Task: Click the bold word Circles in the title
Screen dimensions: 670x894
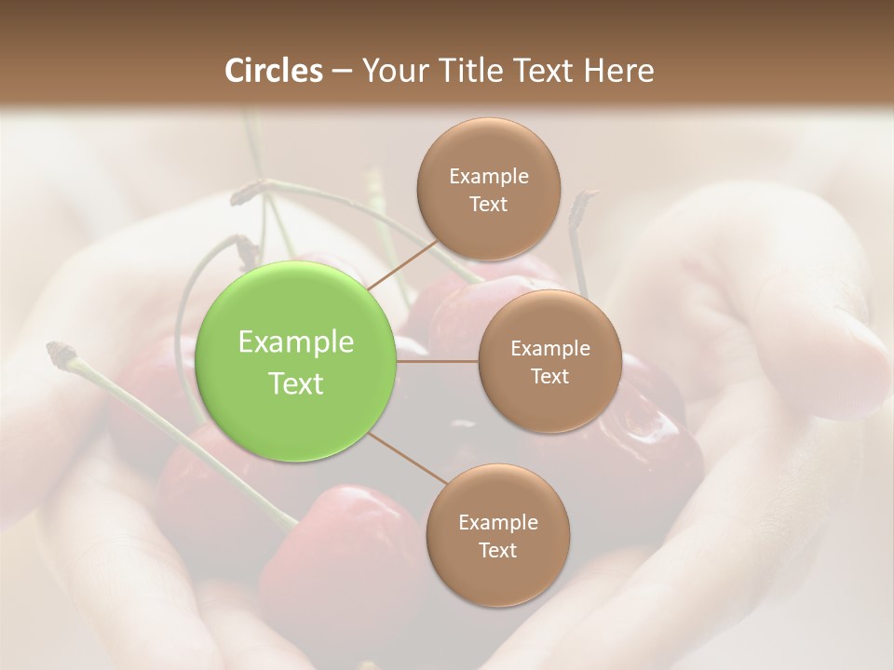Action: coord(273,71)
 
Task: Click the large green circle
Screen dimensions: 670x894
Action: coord(296,361)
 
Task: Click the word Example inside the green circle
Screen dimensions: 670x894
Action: coord(296,342)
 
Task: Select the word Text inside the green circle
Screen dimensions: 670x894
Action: coord(296,383)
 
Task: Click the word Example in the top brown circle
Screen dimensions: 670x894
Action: coord(488,177)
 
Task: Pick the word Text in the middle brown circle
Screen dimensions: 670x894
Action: coord(549,377)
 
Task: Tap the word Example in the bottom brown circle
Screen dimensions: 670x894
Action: coord(497,523)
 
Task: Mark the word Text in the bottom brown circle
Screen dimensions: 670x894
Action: coord(497,551)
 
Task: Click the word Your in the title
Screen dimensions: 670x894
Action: coord(391,71)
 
